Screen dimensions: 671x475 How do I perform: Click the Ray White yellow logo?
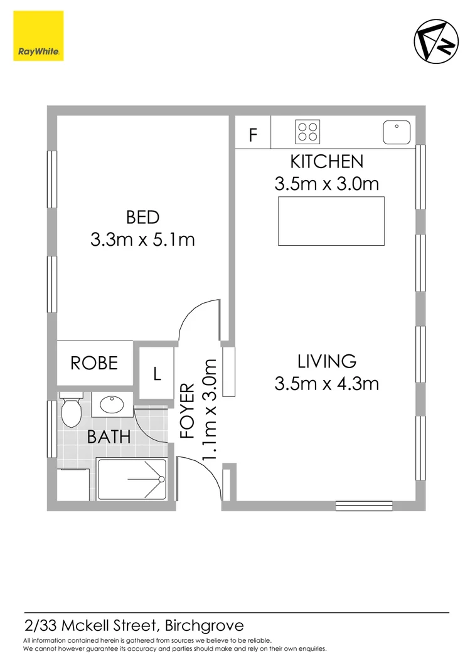pos(38,36)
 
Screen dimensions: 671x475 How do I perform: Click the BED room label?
pos(142,218)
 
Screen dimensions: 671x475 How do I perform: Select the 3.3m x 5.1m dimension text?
pos(142,239)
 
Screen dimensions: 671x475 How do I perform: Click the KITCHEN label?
pos(326,162)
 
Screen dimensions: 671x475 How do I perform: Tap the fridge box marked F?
pos(253,134)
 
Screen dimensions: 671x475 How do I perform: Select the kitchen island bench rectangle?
pos(331,221)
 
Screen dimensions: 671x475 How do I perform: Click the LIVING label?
pos(326,361)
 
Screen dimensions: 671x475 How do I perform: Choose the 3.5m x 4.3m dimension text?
pos(326,383)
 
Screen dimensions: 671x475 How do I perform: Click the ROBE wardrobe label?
pos(94,363)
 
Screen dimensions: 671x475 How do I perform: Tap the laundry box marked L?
pos(157,374)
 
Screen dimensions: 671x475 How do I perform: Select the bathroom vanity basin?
pos(113,405)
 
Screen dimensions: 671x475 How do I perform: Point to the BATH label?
pos(109,436)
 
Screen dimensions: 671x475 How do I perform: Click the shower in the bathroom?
pos(132,480)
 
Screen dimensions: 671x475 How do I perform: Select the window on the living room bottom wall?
pos(364,505)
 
